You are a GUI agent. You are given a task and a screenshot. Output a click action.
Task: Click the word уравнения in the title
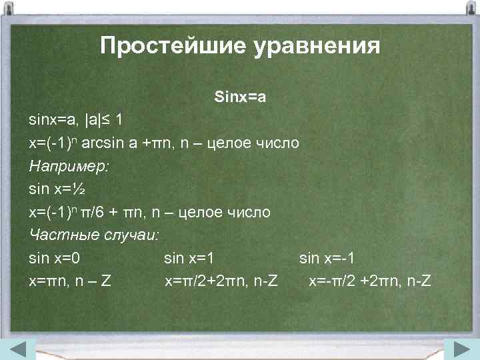coord(315,47)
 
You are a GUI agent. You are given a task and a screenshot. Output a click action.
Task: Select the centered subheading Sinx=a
coord(241,97)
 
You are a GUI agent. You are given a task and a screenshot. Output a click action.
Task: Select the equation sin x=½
coord(56,189)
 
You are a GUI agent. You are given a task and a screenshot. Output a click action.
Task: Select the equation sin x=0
coord(59,258)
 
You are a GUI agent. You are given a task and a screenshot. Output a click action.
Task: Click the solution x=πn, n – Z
coord(70,281)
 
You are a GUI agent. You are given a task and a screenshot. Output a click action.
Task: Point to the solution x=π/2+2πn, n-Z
coord(221,281)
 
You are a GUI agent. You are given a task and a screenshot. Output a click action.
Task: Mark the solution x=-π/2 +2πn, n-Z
coord(369,281)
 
